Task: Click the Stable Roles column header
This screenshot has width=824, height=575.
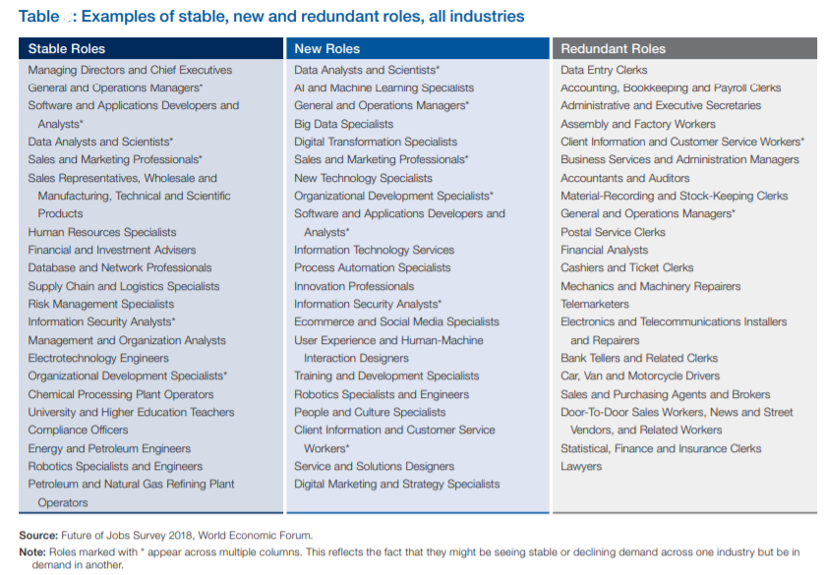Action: pos(67,49)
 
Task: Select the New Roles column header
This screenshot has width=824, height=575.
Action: pos(326,49)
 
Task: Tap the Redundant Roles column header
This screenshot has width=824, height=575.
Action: pos(613,49)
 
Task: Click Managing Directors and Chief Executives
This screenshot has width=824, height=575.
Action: pos(130,70)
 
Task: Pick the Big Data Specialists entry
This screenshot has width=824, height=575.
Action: pos(344,124)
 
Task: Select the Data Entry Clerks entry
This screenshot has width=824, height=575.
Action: pos(604,70)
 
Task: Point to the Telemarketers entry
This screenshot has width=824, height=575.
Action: pos(594,304)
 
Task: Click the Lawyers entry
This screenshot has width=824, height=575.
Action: pos(581,466)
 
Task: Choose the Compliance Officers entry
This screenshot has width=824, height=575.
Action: pos(78,431)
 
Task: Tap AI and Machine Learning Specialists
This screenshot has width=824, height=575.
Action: pos(384,87)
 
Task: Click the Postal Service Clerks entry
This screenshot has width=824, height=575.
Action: pos(613,232)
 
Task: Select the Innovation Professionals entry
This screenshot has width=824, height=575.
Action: pos(354,286)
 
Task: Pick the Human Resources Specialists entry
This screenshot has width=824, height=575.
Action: pos(102,232)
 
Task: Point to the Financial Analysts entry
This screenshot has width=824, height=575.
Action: pos(605,250)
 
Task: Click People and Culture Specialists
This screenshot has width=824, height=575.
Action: pos(370,412)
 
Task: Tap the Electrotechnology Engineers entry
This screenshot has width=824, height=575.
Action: pos(98,358)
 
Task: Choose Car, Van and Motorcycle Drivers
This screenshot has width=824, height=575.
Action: pos(640,376)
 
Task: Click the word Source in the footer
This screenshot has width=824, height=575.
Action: pos(38,536)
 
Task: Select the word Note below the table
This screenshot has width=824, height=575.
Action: pos(32,552)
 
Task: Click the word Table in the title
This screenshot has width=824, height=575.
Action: pos(39,17)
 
